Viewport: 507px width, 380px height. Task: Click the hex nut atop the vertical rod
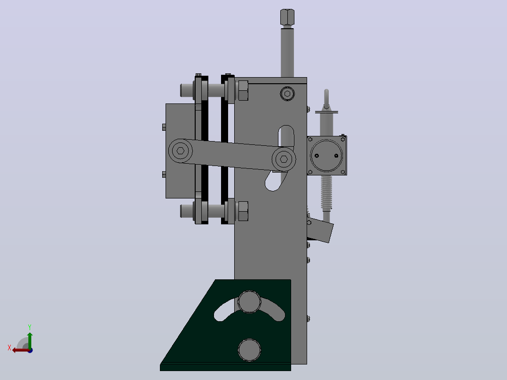287,17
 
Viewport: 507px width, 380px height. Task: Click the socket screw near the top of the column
287,94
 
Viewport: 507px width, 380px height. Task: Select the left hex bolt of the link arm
181,150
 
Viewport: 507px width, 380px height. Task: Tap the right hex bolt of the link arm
284,159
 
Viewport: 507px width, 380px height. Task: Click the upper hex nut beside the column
243,91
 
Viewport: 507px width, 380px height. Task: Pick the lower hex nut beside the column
243,211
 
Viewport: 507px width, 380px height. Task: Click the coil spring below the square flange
326,193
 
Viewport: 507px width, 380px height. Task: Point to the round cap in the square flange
326,156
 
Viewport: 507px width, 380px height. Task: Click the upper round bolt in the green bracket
249,302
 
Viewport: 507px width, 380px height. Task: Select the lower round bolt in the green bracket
249,350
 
